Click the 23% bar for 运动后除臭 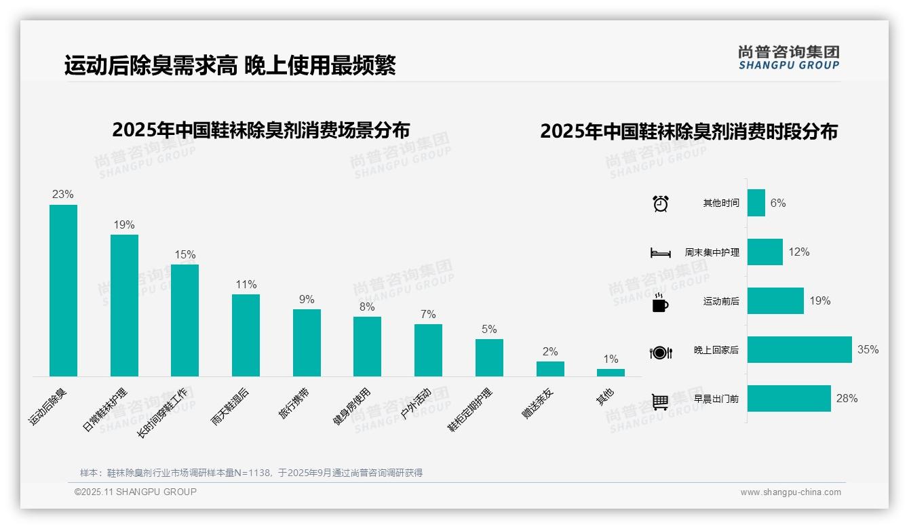63,290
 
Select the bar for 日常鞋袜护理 124,305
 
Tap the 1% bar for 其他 611,372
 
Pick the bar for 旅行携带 307,342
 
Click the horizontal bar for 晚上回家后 799,350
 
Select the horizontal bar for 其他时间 756,203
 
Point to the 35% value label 868,350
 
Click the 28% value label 847,399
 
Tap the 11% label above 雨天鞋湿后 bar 246,285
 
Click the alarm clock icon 661,203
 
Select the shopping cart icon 660,401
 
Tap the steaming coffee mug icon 660,302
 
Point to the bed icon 660,253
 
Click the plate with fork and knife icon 661,352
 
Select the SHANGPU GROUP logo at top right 788,57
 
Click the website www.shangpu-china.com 790,492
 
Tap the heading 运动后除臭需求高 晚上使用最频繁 230,66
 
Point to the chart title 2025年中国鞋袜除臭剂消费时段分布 689,132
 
